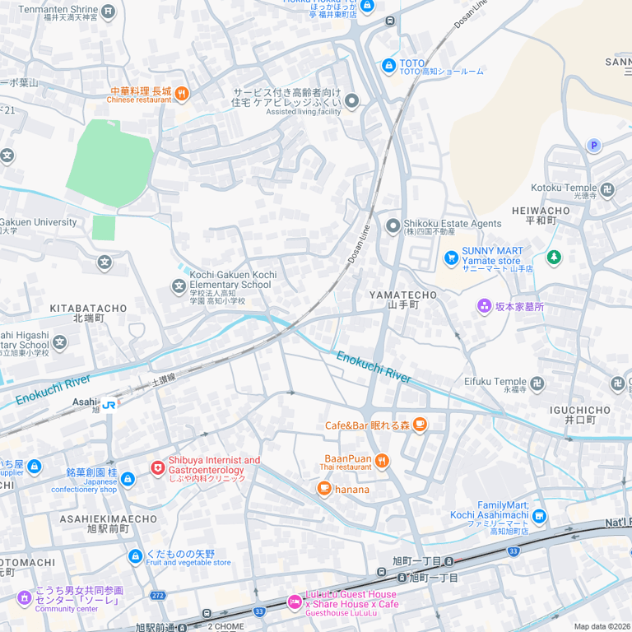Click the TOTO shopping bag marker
[x=389, y=65]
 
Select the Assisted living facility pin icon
[x=352, y=101]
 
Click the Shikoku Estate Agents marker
[x=393, y=225]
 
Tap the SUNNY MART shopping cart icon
[x=451, y=258]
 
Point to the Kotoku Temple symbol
[x=608, y=190]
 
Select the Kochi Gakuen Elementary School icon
[x=179, y=286]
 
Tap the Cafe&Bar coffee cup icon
[x=420, y=425]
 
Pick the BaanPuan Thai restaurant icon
[x=381, y=461]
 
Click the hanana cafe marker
[x=324, y=489]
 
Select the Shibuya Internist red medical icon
[x=157, y=467]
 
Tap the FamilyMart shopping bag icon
[x=539, y=517]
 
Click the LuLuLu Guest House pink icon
[x=295, y=602]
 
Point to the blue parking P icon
[x=593, y=146]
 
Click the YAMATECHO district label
[x=403, y=295]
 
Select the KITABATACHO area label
[x=88, y=309]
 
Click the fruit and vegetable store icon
[x=136, y=557]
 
